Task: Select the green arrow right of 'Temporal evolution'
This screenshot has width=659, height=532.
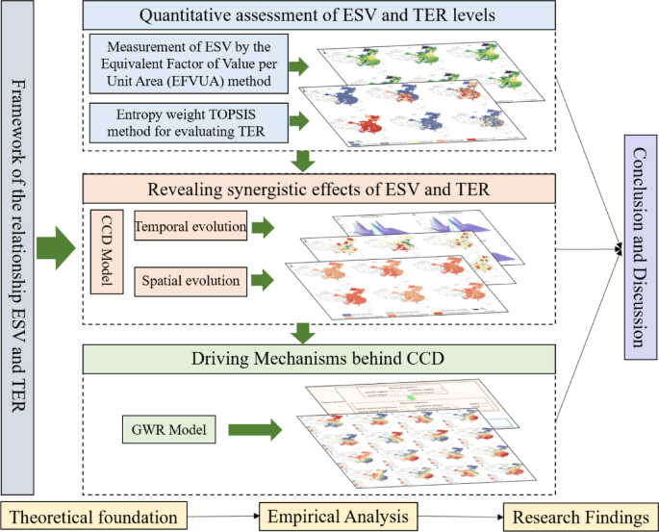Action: pos(262,229)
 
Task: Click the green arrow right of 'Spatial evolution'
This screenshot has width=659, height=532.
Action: pos(262,282)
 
